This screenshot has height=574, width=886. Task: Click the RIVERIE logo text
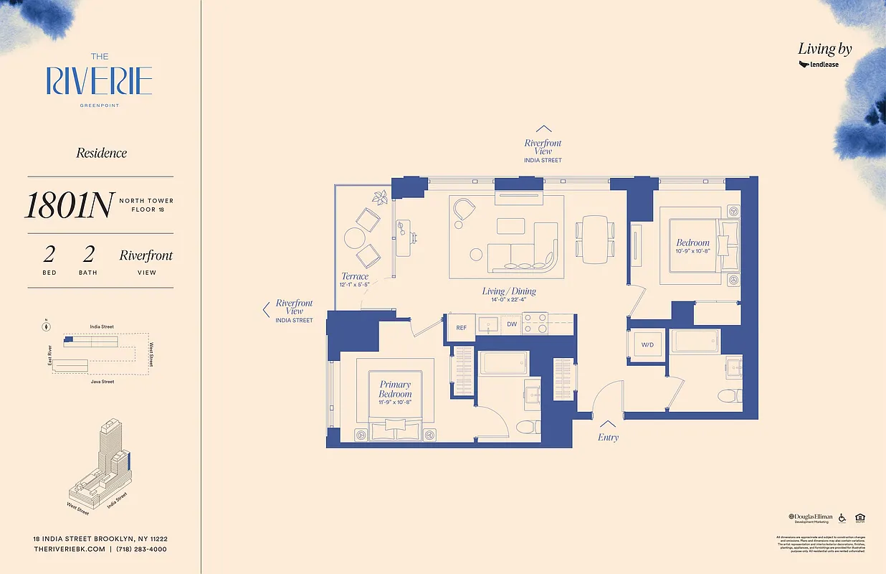99,81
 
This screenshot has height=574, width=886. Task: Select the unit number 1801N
68,206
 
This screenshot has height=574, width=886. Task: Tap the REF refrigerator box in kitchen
461,327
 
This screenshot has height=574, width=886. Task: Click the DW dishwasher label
511,324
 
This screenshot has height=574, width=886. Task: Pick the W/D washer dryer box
647,345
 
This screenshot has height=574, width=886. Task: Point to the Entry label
607,437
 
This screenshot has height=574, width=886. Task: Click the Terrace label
355,276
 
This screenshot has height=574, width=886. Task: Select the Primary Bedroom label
395,390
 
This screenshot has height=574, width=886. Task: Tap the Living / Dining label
509,291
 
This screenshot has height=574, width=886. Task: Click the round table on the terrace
353,237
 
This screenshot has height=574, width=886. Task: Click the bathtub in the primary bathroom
504,362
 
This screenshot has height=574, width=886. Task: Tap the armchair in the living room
465,210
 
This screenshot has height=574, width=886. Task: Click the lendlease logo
819,65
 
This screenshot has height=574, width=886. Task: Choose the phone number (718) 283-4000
143,549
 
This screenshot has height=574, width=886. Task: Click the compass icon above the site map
47,326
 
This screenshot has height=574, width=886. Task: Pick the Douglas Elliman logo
810,517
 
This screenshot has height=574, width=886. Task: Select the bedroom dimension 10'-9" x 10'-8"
692,251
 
